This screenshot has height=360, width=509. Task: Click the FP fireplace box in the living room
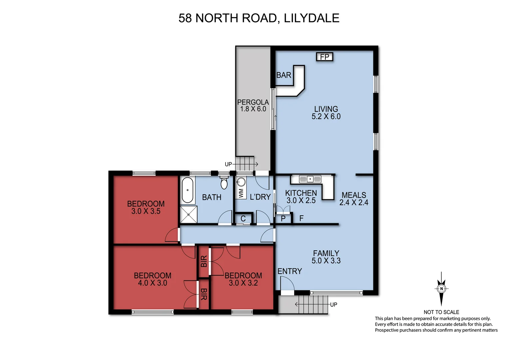(324, 57)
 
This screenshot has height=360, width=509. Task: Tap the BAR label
(284, 75)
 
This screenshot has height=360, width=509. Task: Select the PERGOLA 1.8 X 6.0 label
(253, 106)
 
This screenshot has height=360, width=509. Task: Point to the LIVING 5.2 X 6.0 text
(326, 113)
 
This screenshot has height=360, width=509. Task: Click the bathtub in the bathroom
(188, 190)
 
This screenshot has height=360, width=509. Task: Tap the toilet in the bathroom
(224, 183)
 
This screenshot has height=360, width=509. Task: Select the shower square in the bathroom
(189, 214)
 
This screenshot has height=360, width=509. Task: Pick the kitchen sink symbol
(310, 179)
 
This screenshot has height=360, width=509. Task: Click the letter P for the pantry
(283, 219)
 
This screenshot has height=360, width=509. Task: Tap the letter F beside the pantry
(301, 218)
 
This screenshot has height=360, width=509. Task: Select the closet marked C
(243, 219)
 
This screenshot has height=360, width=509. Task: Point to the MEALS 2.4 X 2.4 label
(354, 199)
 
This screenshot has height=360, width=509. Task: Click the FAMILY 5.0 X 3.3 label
(326, 257)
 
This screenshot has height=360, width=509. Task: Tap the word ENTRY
(289, 271)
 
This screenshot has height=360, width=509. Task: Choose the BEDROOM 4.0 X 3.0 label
(153, 279)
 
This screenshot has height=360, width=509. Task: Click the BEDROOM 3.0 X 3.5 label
(146, 207)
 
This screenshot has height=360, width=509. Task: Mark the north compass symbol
(441, 289)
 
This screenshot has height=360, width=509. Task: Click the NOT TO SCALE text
(441, 312)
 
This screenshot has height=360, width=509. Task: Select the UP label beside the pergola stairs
(228, 164)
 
